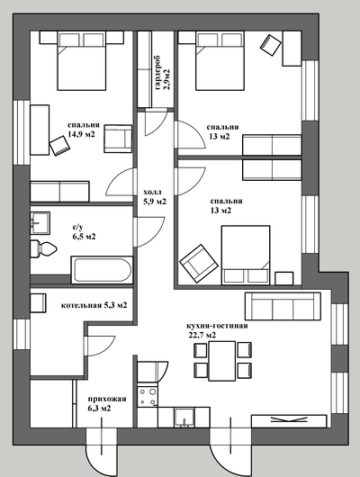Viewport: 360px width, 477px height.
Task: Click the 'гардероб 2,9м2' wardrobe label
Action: click(x=162, y=73)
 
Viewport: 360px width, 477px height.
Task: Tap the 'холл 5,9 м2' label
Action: click(x=155, y=196)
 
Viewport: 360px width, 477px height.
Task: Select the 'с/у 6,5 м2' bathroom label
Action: click(x=84, y=231)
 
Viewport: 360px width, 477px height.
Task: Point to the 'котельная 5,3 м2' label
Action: click(x=94, y=305)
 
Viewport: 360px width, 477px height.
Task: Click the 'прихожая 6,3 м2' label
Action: click(x=107, y=403)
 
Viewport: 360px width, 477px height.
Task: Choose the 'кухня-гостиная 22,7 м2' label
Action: click(x=217, y=330)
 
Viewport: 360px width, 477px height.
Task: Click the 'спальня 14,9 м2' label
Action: click(x=84, y=130)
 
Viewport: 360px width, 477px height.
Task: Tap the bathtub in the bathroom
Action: click(x=102, y=269)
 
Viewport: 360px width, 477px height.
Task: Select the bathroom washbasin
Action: click(x=40, y=223)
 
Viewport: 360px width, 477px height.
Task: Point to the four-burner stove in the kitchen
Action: click(x=148, y=396)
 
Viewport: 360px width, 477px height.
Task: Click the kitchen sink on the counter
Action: click(x=184, y=418)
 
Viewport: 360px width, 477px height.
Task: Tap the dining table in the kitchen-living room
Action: click(x=221, y=361)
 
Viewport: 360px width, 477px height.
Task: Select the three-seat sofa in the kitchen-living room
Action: click(x=283, y=306)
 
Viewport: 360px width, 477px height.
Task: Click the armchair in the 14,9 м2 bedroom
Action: click(x=118, y=139)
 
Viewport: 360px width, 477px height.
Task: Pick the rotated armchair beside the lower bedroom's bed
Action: click(x=199, y=264)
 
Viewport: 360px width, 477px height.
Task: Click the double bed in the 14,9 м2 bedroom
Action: click(x=82, y=61)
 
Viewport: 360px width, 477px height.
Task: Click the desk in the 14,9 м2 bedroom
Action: click(x=40, y=130)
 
